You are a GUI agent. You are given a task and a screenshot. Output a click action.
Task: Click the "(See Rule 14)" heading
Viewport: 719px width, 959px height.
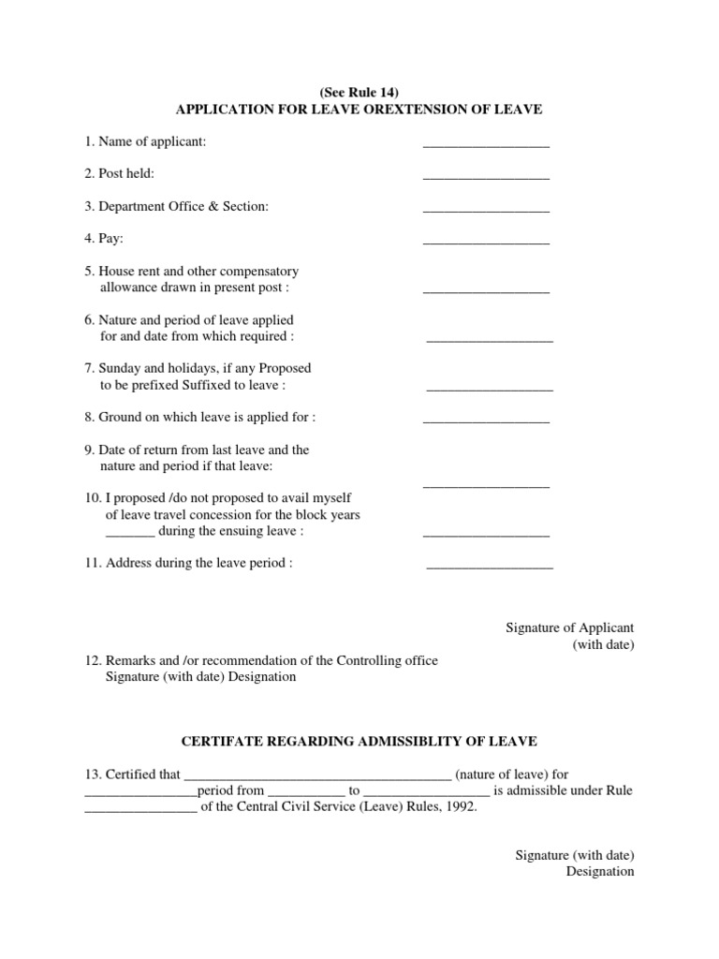point(359,93)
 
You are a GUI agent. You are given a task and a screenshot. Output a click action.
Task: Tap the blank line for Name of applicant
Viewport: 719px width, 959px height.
point(486,145)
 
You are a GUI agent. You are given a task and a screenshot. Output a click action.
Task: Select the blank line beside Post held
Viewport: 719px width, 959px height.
point(486,177)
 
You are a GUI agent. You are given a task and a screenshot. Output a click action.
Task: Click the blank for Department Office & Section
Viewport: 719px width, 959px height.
point(486,210)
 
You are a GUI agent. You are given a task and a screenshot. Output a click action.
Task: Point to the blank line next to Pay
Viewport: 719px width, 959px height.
point(486,243)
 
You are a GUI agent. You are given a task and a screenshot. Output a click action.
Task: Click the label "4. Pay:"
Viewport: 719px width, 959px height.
point(104,239)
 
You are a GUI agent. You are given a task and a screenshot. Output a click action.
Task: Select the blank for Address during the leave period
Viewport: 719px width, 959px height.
point(490,567)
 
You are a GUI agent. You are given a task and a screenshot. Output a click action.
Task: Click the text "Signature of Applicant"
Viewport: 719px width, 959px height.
point(570,627)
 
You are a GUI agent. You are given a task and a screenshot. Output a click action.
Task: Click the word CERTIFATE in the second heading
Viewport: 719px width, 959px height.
point(221,741)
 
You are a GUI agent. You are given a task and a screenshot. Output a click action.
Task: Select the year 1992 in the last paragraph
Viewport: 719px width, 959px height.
point(459,807)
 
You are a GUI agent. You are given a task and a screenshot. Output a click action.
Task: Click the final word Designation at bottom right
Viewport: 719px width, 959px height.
point(600,871)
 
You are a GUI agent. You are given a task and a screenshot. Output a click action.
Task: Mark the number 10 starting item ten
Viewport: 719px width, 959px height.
point(91,498)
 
